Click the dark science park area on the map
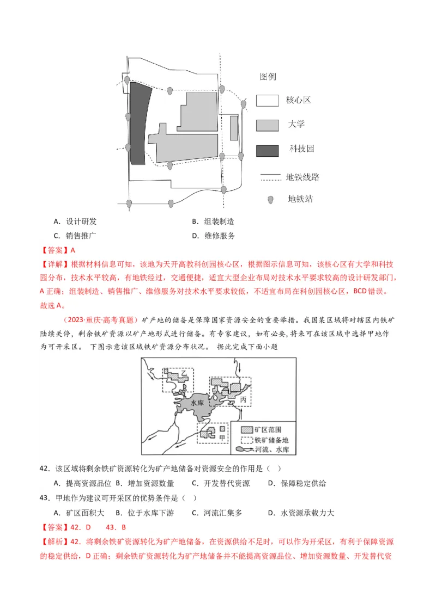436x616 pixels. coord(138,124)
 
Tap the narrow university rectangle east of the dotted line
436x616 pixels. coord(234,128)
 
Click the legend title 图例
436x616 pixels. coord(268,77)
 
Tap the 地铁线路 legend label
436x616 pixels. coord(302,177)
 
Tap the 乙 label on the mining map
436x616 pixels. coord(184,372)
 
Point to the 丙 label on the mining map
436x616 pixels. coord(243,399)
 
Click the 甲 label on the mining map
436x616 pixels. coord(222,436)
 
